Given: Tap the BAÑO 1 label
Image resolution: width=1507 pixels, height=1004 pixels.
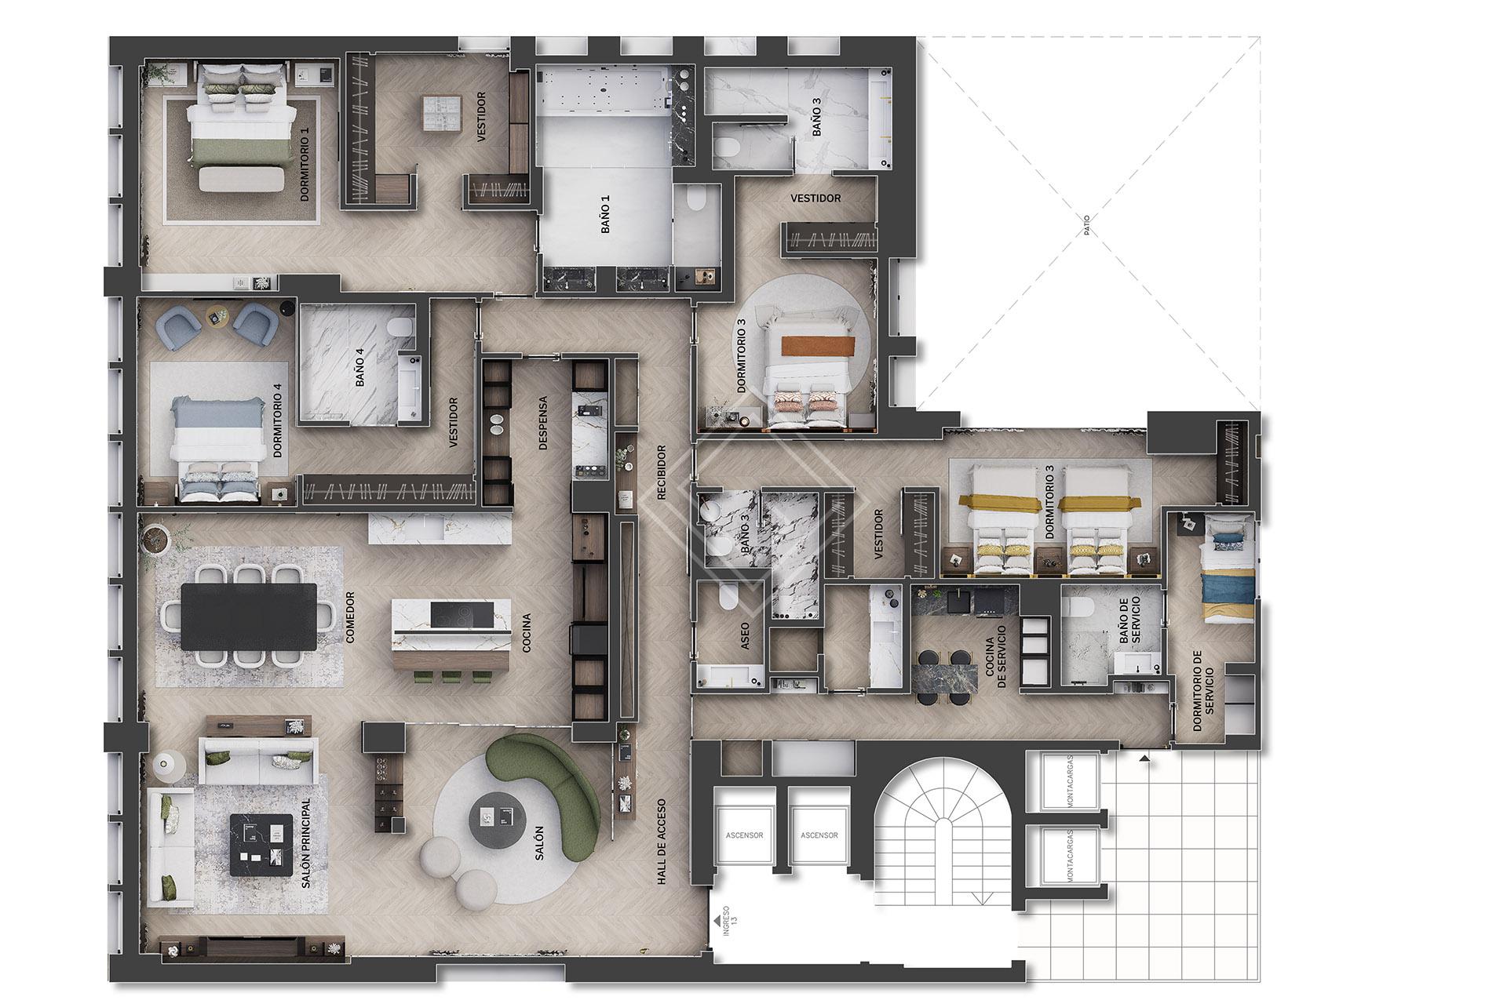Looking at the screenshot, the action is (x=604, y=214).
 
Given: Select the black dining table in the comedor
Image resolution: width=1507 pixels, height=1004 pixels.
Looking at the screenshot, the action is (x=248, y=617).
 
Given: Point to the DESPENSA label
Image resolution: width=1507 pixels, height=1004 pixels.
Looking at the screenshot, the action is (x=542, y=422).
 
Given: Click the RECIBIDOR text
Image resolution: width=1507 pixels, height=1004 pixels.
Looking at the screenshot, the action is (x=662, y=472).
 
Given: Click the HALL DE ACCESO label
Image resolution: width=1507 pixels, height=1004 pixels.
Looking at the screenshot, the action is (x=662, y=842).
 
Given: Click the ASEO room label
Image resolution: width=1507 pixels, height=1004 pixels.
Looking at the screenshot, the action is (x=746, y=636).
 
